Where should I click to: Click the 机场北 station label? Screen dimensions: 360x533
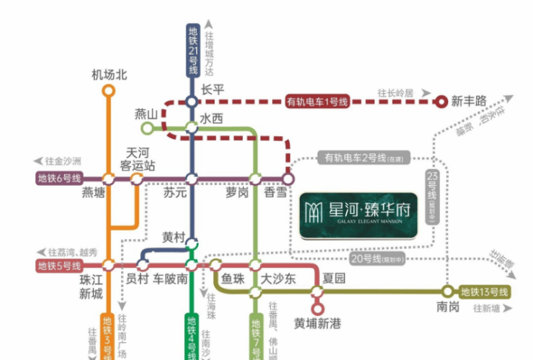pyautogui.click(x=109, y=74)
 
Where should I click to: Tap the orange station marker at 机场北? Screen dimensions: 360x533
pyautogui.click(x=109, y=91)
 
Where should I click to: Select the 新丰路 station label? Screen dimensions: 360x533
pyautogui.click(x=469, y=102)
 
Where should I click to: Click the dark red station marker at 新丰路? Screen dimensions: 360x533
pyautogui.click(x=442, y=102)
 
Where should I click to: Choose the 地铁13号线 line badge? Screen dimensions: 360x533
pyautogui.click(x=485, y=292)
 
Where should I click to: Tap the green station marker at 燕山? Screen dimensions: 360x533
pyautogui.click(x=147, y=128)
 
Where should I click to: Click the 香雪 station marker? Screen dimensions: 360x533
pyautogui.click(x=288, y=178)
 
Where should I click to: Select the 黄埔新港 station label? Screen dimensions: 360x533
pyautogui.click(x=317, y=324)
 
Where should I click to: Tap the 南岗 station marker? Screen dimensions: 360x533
pyautogui.click(x=448, y=292)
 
